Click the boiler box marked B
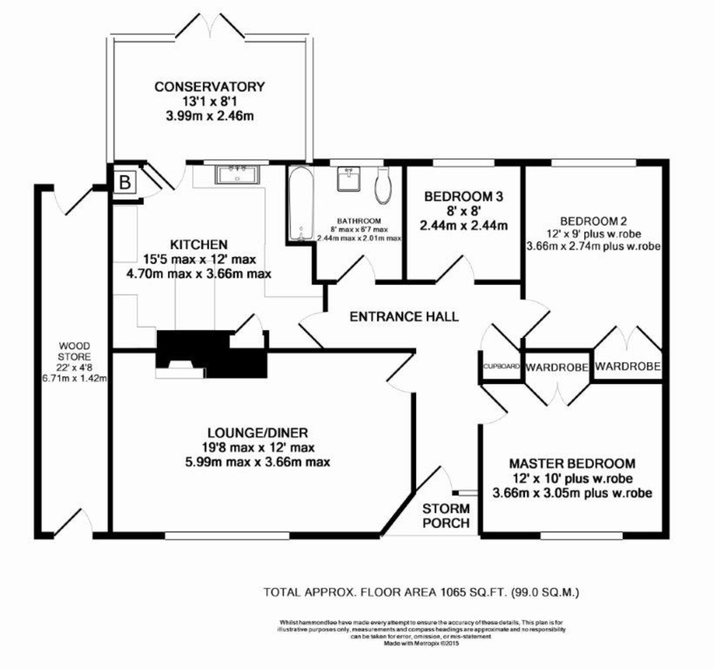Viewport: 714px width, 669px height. [124, 182]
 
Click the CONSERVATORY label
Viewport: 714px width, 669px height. [209, 87]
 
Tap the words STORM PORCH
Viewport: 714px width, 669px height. [446, 516]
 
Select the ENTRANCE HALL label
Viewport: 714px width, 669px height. [404, 316]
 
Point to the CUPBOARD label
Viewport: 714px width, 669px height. [502, 367]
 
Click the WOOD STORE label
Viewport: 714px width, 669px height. [74, 351]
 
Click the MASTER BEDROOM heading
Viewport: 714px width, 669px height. [572, 463]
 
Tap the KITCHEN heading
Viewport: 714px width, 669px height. [199, 245]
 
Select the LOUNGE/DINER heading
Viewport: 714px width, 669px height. [258, 433]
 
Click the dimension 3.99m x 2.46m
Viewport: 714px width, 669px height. [209, 116]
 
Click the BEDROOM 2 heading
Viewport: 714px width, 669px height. [593, 220]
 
